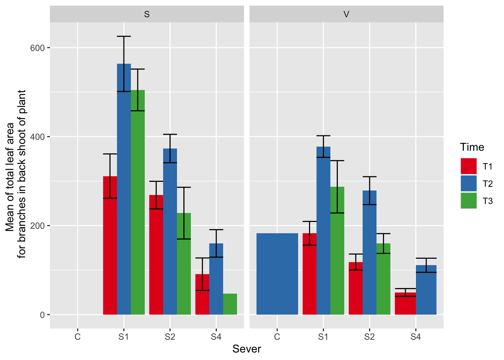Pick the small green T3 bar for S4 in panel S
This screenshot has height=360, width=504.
pyautogui.click(x=230, y=304)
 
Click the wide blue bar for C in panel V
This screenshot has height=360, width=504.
pyautogui.click(x=277, y=274)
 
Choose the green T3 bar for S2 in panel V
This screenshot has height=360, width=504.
pyautogui.click(x=383, y=281)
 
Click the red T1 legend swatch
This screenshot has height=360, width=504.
pyautogui.click(x=468, y=166)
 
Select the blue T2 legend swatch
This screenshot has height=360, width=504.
pyautogui.click(x=468, y=183)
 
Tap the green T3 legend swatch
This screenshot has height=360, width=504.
pyautogui.click(x=468, y=201)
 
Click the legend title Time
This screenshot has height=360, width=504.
pyautogui.click(x=472, y=147)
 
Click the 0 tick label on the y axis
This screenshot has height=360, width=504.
pyautogui.click(x=42, y=315)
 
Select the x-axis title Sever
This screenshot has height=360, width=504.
pyautogui.click(x=246, y=349)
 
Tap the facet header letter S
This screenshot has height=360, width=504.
pyautogui.click(x=147, y=15)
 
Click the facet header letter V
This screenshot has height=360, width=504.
pyautogui.click(x=346, y=15)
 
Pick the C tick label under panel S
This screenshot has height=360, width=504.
pyautogui.click(x=77, y=337)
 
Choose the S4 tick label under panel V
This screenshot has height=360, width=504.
pyautogui.click(x=415, y=337)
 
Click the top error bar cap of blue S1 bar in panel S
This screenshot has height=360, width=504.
pyautogui.click(x=124, y=36)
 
